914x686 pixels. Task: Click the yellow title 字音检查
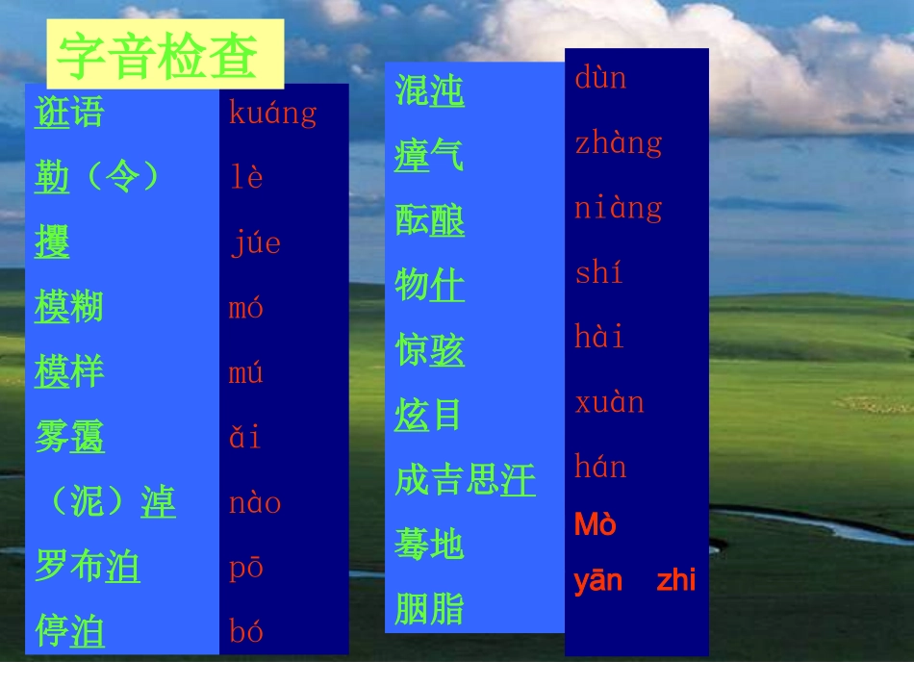(x=158, y=56)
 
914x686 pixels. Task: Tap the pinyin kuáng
(x=272, y=114)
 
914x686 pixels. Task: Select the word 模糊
(x=68, y=308)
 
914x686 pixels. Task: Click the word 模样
(x=68, y=372)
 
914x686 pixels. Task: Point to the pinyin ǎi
(x=244, y=438)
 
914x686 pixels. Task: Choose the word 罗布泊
(x=87, y=567)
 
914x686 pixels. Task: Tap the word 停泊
(x=69, y=632)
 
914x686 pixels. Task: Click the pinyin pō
(x=245, y=568)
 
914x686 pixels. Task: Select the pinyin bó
(x=245, y=632)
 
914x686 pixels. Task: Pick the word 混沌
(x=429, y=90)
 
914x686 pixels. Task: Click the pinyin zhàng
(x=619, y=143)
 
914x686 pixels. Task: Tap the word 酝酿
(x=429, y=220)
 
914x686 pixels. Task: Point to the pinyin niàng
(x=619, y=208)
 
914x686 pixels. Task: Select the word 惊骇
(x=429, y=350)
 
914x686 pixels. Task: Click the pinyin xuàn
(x=609, y=402)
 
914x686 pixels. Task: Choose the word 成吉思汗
(x=465, y=480)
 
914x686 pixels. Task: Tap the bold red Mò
(x=595, y=525)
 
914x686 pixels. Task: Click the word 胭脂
(x=429, y=609)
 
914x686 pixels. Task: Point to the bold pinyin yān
(x=598, y=581)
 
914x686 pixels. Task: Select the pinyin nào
(x=254, y=503)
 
